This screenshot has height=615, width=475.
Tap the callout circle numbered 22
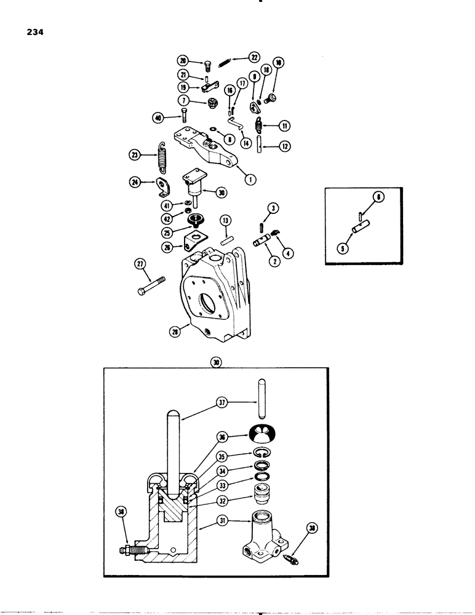coord(253,57)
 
